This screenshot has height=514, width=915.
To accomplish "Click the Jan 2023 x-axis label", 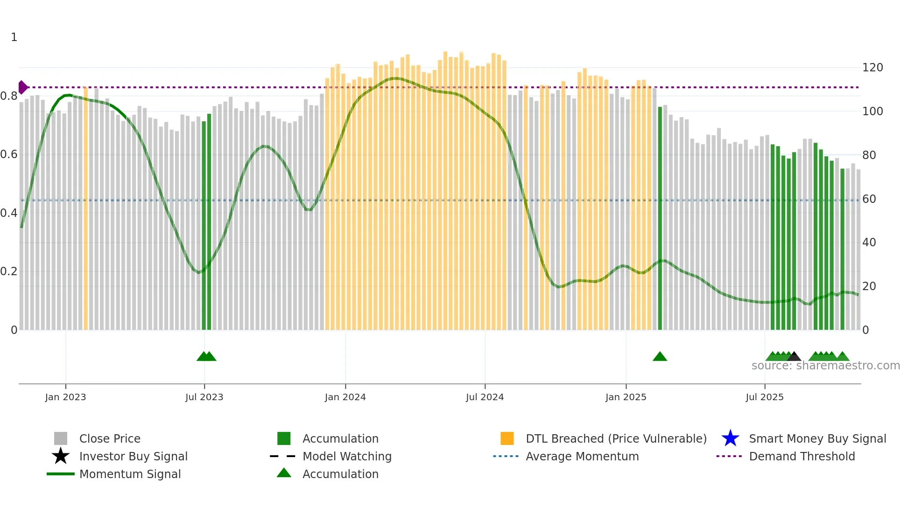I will tap(65, 397).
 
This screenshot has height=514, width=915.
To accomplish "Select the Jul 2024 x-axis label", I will tap(485, 397).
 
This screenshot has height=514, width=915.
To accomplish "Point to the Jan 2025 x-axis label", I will tap(626, 397).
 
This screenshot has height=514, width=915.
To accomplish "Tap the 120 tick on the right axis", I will tap(872, 68).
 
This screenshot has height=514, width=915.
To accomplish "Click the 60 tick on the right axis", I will tap(869, 199).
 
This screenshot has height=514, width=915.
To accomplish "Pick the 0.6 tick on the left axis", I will tap(8, 154).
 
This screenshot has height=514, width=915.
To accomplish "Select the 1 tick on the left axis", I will tap(14, 37).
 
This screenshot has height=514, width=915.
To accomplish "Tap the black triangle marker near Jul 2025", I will tap(794, 357).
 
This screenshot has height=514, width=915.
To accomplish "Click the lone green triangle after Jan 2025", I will tap(660, 357).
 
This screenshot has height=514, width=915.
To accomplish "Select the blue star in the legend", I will tap(730, 438).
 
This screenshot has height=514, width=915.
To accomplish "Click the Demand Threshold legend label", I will tap(802, 456).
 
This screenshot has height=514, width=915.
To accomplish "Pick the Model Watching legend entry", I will tap(347, 456).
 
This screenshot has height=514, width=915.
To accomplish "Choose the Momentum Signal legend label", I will tap(130, 474).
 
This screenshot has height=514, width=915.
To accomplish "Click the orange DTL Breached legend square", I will tap(507, 438).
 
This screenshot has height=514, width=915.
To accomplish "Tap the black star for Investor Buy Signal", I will tap(61, 456).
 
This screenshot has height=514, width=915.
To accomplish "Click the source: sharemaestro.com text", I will tap(825, 366).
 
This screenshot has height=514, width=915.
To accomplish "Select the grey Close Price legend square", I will tap(61, 438).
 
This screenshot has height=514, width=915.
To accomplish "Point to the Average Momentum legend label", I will tap(582, 456).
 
